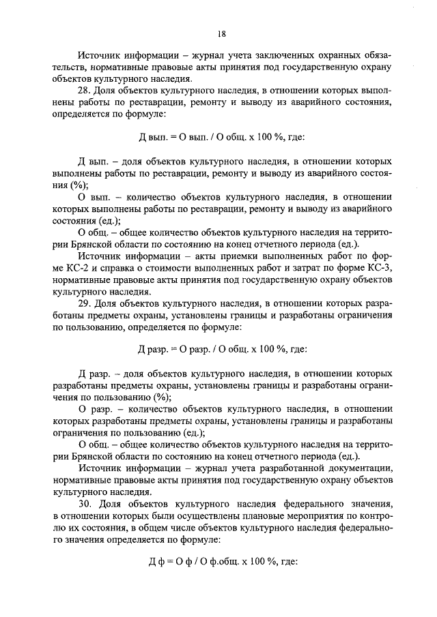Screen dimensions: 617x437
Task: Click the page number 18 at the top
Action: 223,32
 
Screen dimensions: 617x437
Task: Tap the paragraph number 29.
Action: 85,302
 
